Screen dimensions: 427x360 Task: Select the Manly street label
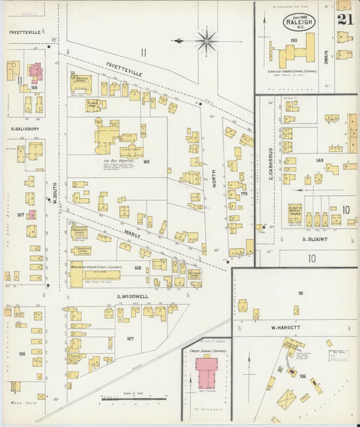[x=132, y=233]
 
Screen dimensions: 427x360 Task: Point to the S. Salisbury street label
[x=24, y=128]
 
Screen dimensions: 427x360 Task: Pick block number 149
[x=319, y=161]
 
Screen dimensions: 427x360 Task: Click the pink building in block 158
[x=35, y=72]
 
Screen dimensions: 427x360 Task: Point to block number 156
[x=22, y=353]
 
